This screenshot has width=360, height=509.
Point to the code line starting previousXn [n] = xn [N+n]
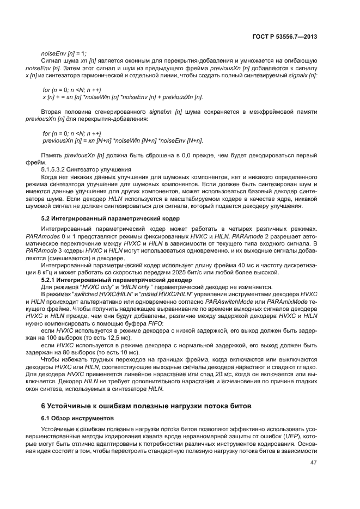[x=123, y=141]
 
